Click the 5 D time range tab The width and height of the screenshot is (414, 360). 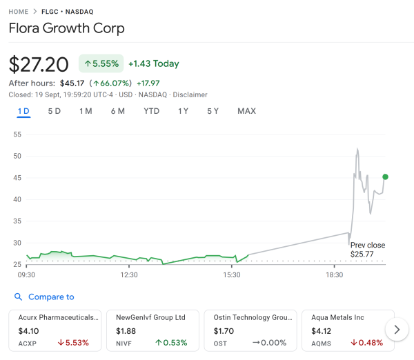click(x=55, y=111)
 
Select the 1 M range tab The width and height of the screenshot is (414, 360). click(x=86, y=111)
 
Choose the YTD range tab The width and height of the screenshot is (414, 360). click(x=152, y=111)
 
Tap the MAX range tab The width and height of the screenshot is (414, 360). click(x=246, y=111)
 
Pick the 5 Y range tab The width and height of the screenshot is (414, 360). click(x=213, y=111)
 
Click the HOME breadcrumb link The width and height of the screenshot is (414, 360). click(x=19, y=12)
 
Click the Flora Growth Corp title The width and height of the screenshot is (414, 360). click(x=67, y=29)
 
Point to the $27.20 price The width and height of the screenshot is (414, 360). click(x=39, y=64)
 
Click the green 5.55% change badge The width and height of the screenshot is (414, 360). click(x=101, y=63)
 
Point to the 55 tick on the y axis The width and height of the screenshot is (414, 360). click(x=17, y=134)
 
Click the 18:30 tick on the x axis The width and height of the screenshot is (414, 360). click(x=335, y=275)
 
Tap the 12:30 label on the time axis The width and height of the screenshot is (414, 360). click(x=129, y=275)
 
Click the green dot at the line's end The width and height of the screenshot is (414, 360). click(x=385, y=177)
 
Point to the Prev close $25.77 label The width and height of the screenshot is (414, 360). click(x=367, y=250)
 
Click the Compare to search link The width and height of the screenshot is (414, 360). click(x=50, y=297)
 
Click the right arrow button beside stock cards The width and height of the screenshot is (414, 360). click(x=396, y=330)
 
